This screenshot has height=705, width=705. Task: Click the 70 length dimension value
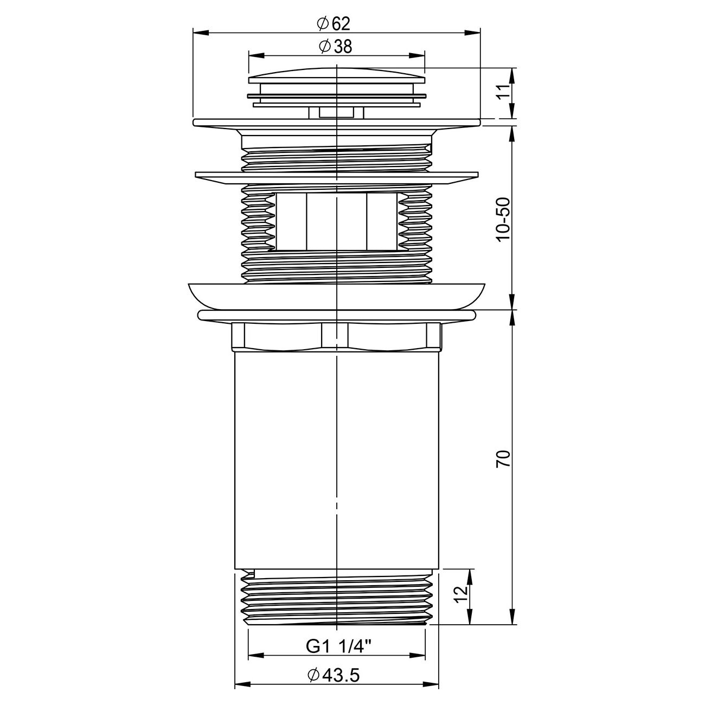pyautogui.click(x=504, y=459)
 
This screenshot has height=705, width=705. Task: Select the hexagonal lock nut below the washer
pyautogui.click(x=336, y=336)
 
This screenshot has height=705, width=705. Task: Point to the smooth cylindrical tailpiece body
pyautogui.click(x=336, y=461)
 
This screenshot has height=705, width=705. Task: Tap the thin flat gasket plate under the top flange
pyautogui.click(x=336, y=178)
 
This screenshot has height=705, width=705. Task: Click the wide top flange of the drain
pyautogui.click(x=336, y=123)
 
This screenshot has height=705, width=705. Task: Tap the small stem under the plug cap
pyautogui.click(x=336, y=112)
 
